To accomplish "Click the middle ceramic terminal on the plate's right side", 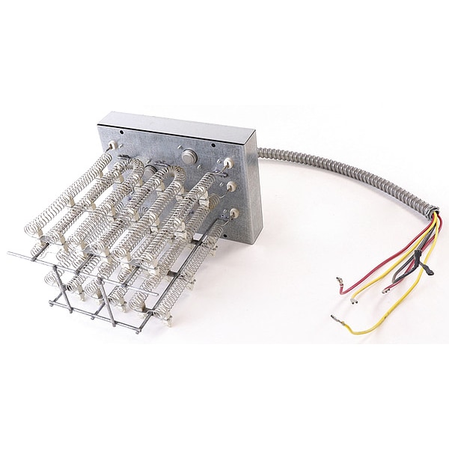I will [x=231, y=185].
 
